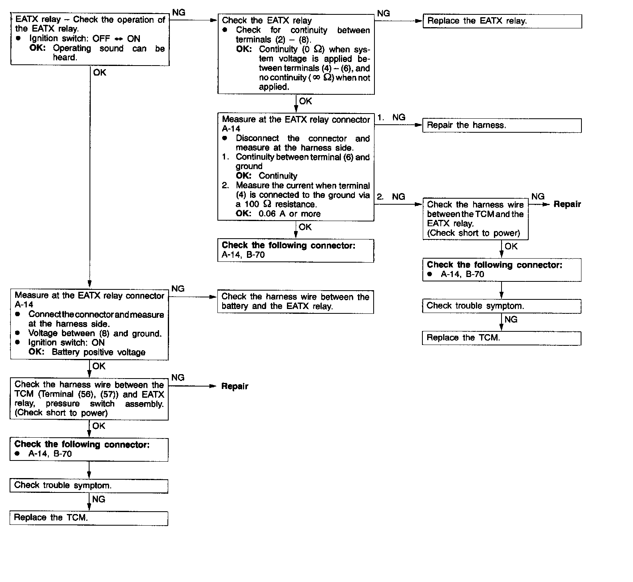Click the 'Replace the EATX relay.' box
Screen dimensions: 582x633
pyautogui.click(x=502, y=21)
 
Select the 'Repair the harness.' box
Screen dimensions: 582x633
pyautogui.click(x=502, y=126)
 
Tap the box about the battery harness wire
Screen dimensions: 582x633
pyautogui.click(x=295, y=302)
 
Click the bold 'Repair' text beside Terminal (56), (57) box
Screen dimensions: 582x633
pyautogui.click(x=235, y=387)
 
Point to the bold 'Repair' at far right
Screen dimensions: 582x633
pyautogui.click(x=567, y=205)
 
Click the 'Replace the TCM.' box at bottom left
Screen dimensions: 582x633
pyautogui.click(x=89, y=518)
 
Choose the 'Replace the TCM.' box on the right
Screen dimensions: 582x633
pyautogui.click(x=502, y=338)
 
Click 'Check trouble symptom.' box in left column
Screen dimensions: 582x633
pyautogui.click(x=89, y=486)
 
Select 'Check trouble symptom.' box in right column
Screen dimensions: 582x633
pyautogui.click(x=502, y=306)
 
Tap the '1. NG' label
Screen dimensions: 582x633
pyautogui.click(x=392, y=118)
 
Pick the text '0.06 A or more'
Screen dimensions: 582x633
pyautogui.click(x=289, y=214)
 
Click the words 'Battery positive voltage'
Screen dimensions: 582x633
pyautogui.click(x=98, y=353)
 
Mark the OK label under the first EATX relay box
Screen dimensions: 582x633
pyautogui.click(x=100, y=73)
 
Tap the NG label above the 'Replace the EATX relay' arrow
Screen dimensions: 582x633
pyautogui.click(x=383, y=14)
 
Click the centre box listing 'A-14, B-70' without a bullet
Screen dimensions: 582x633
pyautogui.click(x=295, y=251)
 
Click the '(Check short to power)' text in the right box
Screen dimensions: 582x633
pyautogui.click(x=474, y=233)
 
